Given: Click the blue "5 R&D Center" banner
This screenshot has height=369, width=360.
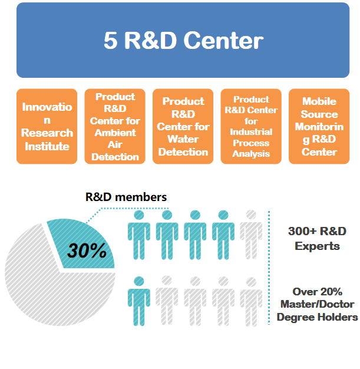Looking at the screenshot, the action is click(x=183, y=40).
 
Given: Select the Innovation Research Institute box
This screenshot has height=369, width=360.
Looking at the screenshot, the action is click(x=47, y=126).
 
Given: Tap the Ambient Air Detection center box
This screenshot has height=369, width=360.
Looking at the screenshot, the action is click(x=115, y=126).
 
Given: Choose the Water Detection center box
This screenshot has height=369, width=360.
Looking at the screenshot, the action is click(x=183, y=126).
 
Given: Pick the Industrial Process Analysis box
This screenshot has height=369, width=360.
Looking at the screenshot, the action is click(x=251, y=126).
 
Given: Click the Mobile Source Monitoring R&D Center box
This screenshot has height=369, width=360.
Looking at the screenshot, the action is click(x=319, y=126).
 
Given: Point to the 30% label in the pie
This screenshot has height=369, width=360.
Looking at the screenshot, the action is click(x=87, y=250).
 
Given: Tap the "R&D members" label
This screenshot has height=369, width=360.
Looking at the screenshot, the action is click(x=126, y=197).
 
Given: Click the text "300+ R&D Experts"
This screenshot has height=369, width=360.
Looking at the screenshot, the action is click(x=317, y=239).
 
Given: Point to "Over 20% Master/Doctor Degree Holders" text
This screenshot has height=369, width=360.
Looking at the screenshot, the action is click(x=317, y=304).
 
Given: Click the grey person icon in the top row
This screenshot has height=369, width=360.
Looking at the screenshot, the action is click(x=251, y=235).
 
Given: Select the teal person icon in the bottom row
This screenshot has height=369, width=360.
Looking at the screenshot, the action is click(x=139, y=301).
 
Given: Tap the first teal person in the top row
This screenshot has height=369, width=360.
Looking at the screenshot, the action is click(x=139, y=235).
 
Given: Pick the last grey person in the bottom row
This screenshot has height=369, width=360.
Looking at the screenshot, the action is click(x=251, y=301).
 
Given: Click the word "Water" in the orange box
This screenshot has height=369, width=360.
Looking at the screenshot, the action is click(x=183, y=139).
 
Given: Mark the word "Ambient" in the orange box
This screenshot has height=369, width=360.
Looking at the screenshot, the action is click(x=115, y=133).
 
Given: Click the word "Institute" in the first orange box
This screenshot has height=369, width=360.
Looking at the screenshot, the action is click(x=47, y=146).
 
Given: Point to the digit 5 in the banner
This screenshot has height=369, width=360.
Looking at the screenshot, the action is click(x=111, y=41).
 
